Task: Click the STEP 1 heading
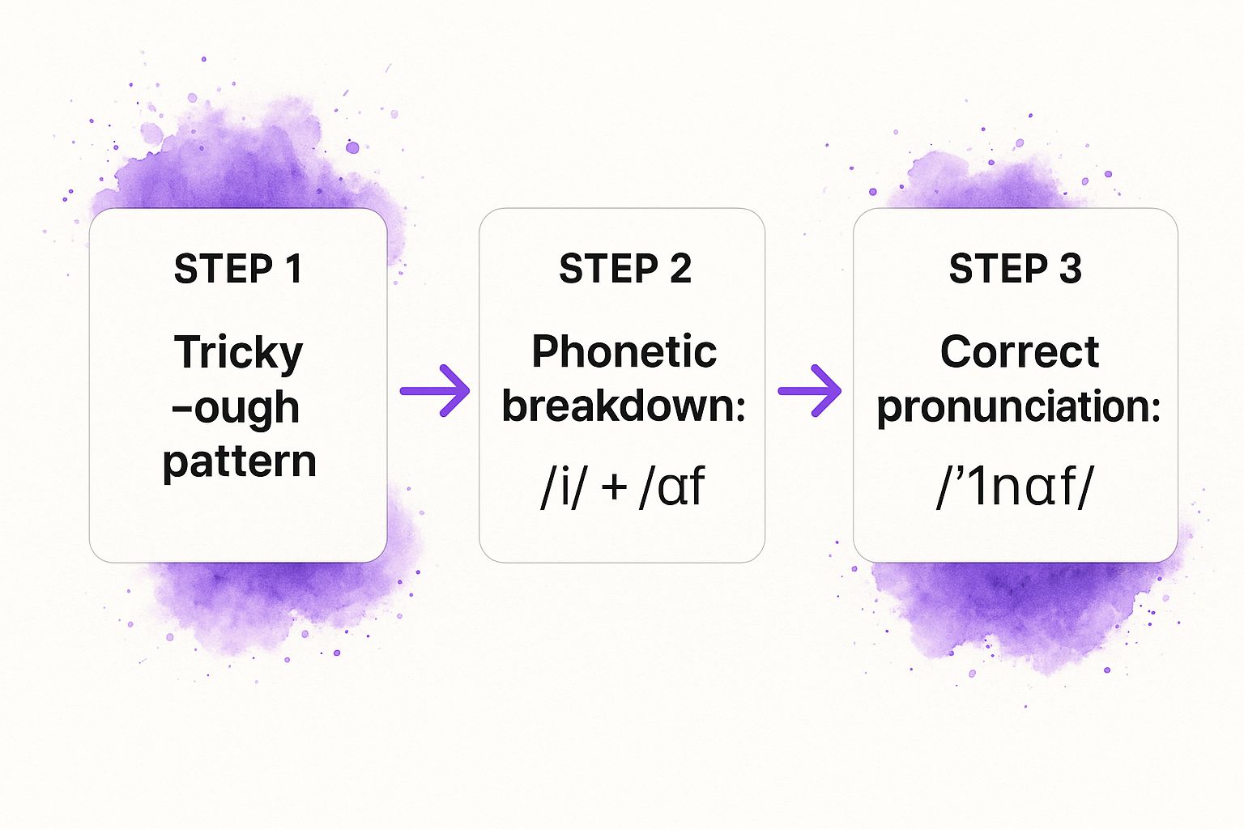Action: (x=238, y=269)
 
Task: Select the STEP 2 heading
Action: (x=624, y=269)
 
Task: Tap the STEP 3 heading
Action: (x=1015, y=269)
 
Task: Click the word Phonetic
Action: (x=624, y=351)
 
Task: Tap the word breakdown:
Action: (x=623, y=406)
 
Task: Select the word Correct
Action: (x=1020, y=351)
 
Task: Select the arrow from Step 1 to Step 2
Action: (x=435, y=391)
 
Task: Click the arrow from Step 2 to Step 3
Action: (x=810, y=391)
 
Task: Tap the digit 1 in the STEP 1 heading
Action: (x=293, y=269)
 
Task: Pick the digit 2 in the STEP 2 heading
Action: (x=680, y=269)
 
